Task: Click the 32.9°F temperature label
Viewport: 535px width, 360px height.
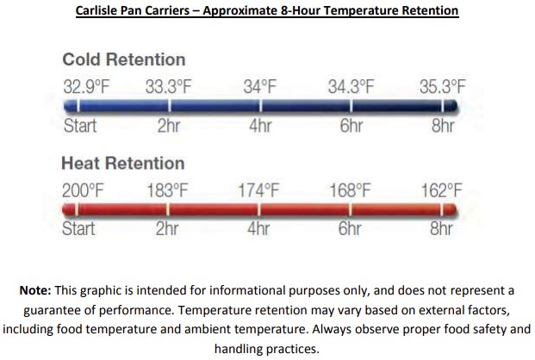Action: pyautogui.click(x=86, y=87)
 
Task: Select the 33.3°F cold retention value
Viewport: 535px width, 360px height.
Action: pyautogui.click(x=169, y=87)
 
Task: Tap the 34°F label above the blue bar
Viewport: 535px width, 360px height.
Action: pyautogui.click(x=259, y=87)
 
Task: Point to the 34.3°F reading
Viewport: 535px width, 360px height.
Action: pyautogui.click(x=351, y=87)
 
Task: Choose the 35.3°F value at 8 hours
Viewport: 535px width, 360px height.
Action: pyautogui.click(x=443, y=87)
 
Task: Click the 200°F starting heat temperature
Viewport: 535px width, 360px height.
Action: pyautogui.click(x=83, y=190)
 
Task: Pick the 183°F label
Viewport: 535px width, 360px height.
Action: pyautogui.click(x=167, y=190)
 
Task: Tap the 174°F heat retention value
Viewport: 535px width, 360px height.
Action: pyautogui.click(x=258, y=190)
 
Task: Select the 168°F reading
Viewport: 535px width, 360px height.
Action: pyautogui.click(x=350, y=190)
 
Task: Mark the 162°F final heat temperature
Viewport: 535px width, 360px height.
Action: pyautogui.click(x=441, y=190)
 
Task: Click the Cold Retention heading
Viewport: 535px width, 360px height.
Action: pyautogui.click(x=124, y=59)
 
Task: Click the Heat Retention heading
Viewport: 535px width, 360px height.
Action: pyautogui.click(x=123, y=163)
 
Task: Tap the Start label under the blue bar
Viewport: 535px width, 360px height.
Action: pyautogui.click(x=80, y=126)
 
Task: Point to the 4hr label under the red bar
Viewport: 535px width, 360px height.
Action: pyautogui.click(x=258, y=228)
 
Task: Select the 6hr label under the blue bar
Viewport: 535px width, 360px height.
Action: pyautogui.click(x=351, y=126)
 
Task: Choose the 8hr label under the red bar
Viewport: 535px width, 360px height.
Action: pyautogui.click(x=441, y=228)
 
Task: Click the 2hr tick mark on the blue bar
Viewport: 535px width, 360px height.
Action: pyautogui.click(x=169, y=106)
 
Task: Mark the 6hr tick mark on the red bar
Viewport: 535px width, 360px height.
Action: pyautogui.click(x=351, y=209)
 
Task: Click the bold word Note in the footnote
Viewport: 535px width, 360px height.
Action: pyautogui.click(x=35, y=290)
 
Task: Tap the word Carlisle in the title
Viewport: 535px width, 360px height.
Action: pyautogui.click(x=98, y=10)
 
